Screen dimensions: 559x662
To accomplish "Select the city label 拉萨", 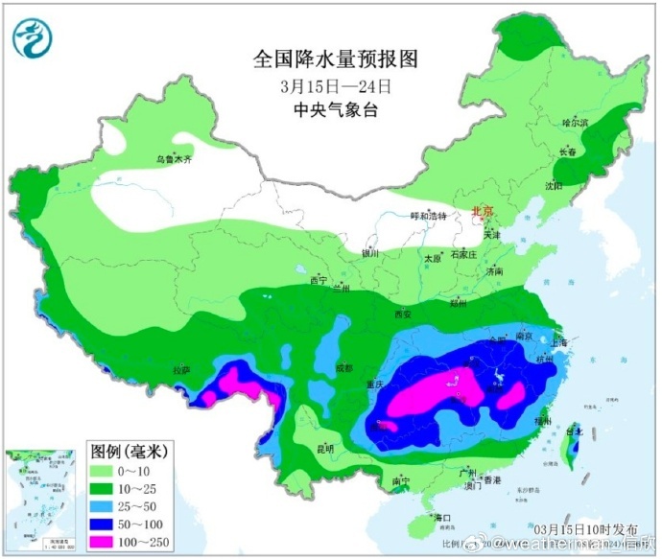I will [181, 369].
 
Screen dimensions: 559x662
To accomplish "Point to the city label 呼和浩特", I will [429, 216].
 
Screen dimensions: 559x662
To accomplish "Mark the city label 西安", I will [402, 314].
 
